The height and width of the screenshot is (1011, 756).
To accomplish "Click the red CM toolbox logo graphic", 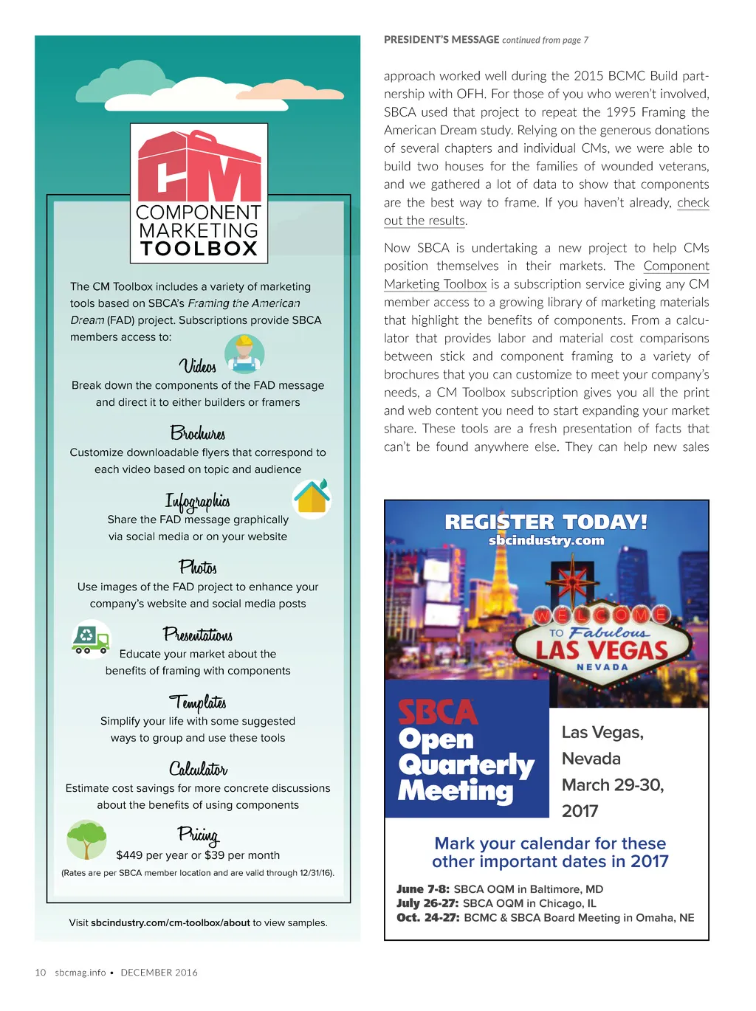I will click(199, 168).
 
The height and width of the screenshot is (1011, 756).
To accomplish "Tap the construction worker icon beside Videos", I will click(244, 353).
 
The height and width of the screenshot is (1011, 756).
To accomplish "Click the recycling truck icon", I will click(91, 638).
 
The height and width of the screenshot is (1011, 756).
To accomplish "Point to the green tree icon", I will click(86, 839).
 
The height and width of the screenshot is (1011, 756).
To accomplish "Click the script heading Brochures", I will click(198, 433).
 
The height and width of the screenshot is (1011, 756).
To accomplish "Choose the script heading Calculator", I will click(198, 769).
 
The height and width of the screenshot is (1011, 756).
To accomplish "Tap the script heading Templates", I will click(198, 702).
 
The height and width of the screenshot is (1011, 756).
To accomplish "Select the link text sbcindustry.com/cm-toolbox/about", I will click(171, 922).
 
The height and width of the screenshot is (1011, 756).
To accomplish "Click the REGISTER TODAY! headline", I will click(546, 522).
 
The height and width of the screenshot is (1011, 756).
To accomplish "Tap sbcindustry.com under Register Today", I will click(546, 541).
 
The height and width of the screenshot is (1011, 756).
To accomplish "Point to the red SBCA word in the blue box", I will click(438, 712).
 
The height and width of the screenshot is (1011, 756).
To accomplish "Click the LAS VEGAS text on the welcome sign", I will click(601, 650).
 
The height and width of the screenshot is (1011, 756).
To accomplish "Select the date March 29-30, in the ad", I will click(613, 785).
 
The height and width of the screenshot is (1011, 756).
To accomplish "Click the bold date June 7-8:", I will click(423, 889).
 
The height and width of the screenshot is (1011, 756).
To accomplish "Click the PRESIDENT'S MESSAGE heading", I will click(441, 40).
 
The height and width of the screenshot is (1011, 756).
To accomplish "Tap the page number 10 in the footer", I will click(41, 973).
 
